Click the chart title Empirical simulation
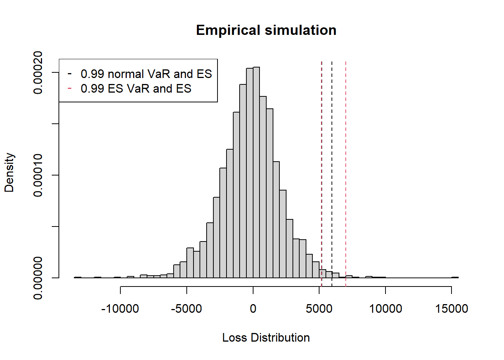(266, 30)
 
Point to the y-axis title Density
(9, 172)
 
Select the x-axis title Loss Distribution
(266, 337)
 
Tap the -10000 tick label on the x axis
(120, 309)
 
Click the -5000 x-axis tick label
(186, 309)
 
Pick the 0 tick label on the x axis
(253, 309)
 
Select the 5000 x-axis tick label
(319, 309)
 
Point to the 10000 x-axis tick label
(385, 309)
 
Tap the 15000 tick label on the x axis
(451, 309)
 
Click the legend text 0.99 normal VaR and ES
(146, 74)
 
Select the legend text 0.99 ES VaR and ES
(136, 88)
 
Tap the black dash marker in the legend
(69, 73)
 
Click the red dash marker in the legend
(69, 88)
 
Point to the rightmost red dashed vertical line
(346, 169)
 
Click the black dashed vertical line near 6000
(332, 169)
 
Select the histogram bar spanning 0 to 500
(256, 172)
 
